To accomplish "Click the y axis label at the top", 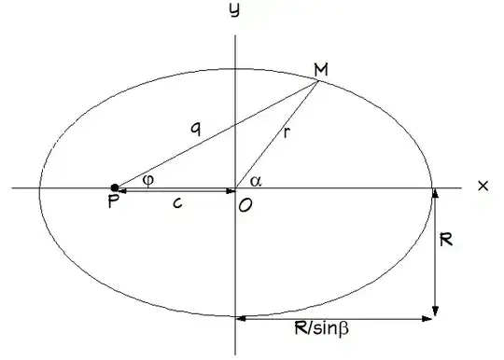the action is (234, 10).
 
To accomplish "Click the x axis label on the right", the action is (483, 186).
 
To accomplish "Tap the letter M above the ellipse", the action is (321, 70).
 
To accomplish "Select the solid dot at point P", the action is (115, 187).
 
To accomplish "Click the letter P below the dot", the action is (114, 201).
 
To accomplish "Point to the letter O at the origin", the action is (245, 205).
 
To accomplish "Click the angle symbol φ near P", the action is (148, 180).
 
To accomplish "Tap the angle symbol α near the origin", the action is (256, 182).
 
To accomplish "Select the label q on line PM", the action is (196, 130).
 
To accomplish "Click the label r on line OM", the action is (287, 132).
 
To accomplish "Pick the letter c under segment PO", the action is (177, 203).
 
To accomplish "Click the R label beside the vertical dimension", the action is (446, 240).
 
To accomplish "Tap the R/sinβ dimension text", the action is (321, 328).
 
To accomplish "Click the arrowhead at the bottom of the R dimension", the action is (435, 312).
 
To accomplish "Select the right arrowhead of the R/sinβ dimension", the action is (427, 319).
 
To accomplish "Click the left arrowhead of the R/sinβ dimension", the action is (241, 319).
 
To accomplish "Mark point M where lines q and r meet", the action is (318, 81).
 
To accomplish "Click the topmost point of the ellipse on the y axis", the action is (235, 69).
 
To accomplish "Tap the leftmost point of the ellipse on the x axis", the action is (39, 187).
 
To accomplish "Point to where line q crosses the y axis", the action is (235, 125).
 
